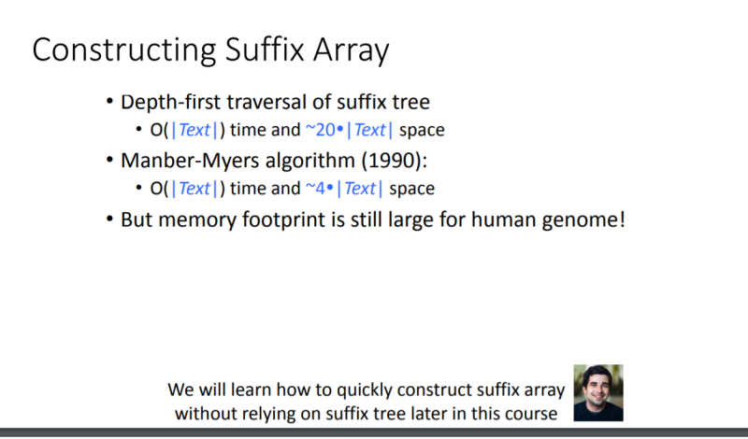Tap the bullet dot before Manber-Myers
109,160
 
